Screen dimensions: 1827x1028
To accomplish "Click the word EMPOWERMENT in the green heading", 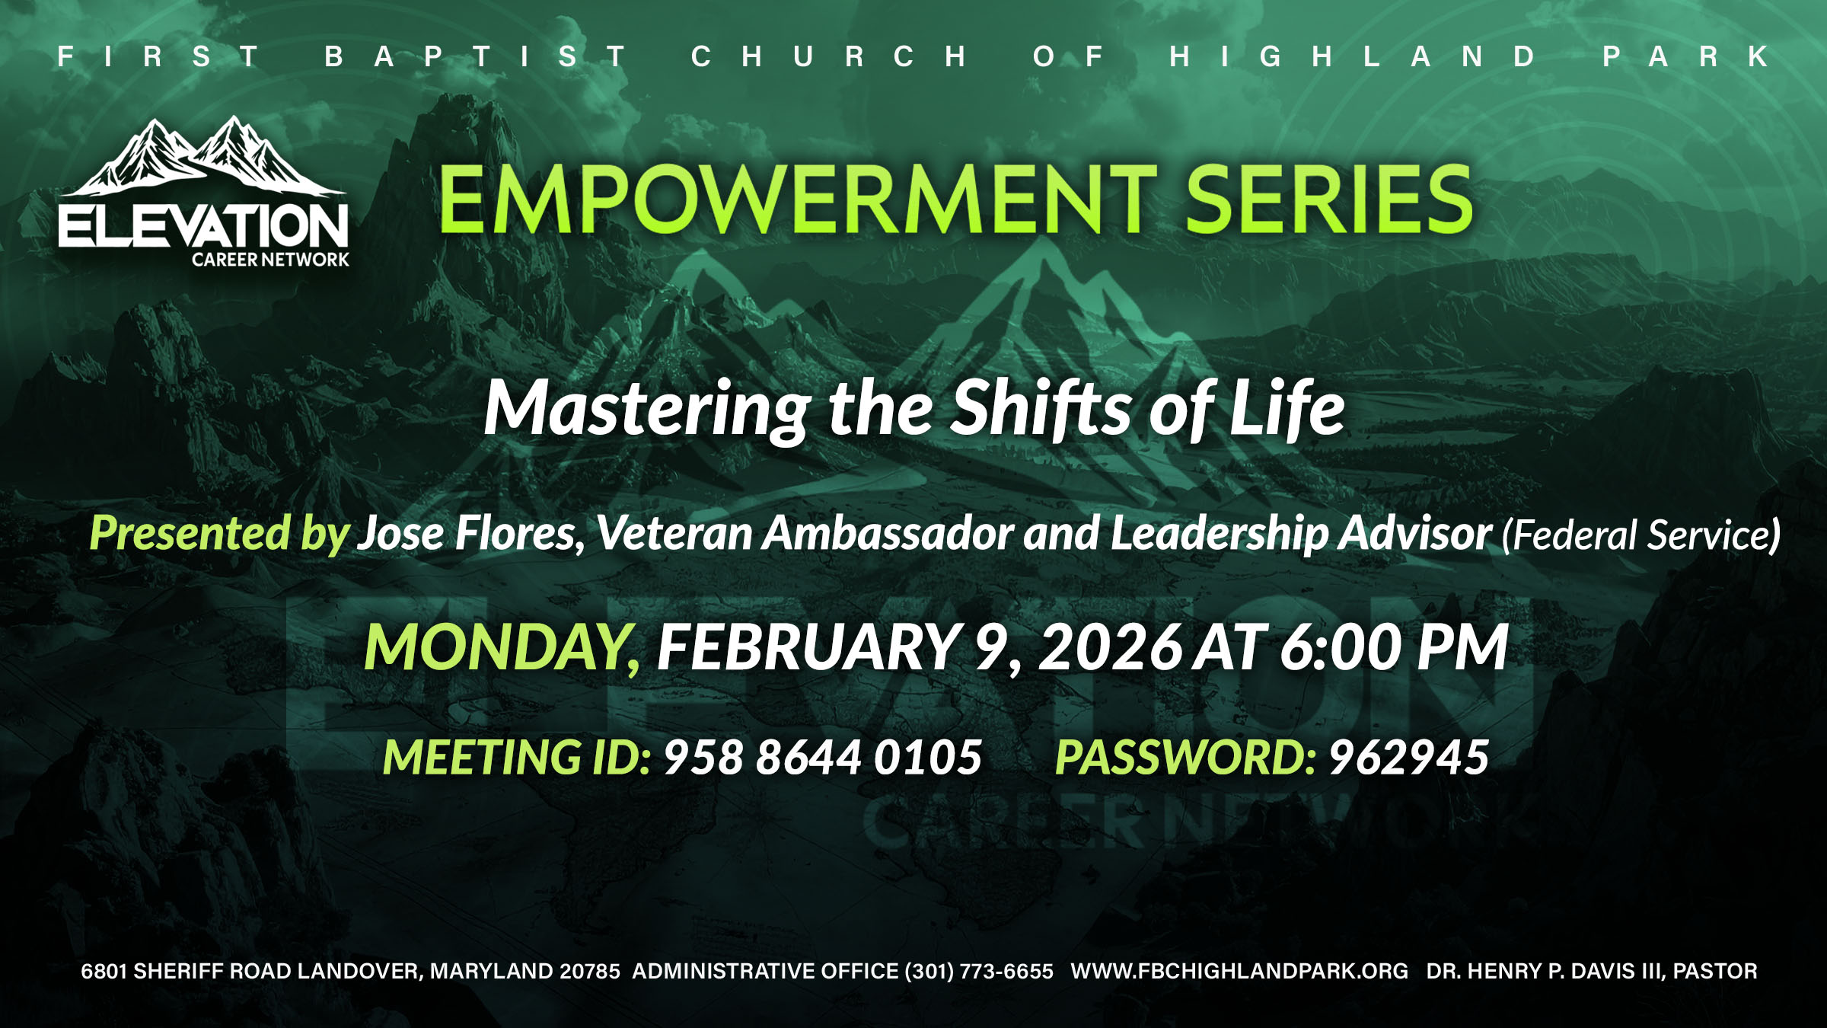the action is [797, 200].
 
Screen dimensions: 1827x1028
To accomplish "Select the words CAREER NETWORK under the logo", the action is [270, 260].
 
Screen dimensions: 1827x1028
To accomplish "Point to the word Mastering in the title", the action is [648, 410].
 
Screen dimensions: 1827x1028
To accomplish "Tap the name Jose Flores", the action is [471, 533].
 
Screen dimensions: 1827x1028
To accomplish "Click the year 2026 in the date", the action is [1111, 647].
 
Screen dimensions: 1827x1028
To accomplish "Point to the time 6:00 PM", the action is [1394, 647].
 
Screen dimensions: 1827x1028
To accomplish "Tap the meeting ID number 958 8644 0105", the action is [823, 758].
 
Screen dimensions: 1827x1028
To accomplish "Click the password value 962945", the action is [1409, 758].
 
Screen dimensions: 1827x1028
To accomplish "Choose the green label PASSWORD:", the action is [1186, 758].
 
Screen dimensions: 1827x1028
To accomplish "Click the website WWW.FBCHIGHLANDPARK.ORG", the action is [1239, 971].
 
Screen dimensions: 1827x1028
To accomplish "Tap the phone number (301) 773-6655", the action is [979, 971].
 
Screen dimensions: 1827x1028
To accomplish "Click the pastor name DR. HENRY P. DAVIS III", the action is [1545, 971].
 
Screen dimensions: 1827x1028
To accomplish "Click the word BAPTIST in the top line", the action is [476, 56].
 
